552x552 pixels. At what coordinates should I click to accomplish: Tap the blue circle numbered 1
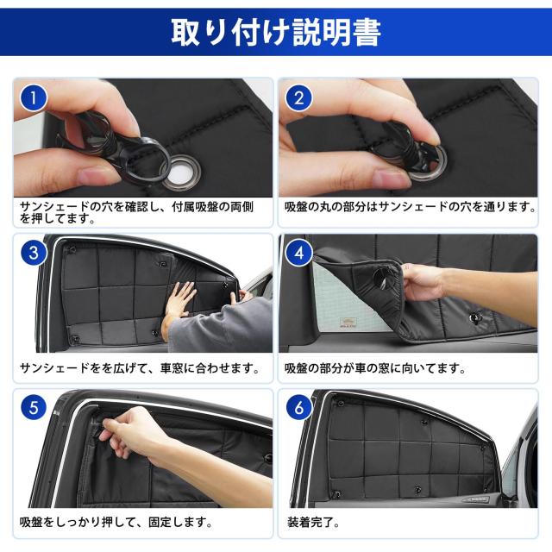[x=33, y=97]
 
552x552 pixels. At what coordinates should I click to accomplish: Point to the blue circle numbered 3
[x=33, y=253]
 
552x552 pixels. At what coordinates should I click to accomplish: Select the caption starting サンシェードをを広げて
[x=139, y=368]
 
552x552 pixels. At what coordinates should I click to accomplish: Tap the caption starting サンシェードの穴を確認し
[x=138, y=213]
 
